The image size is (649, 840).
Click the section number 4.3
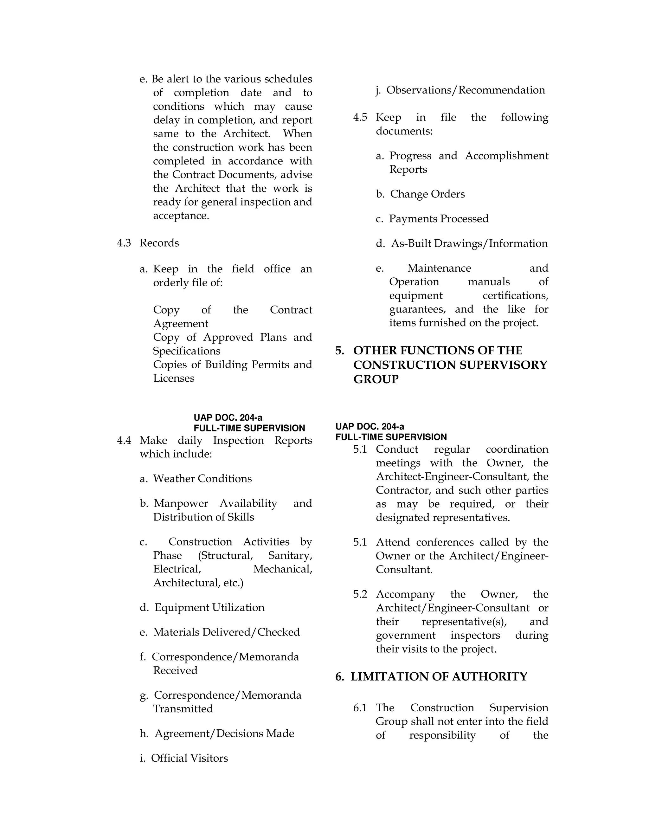124,243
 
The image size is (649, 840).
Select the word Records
159,243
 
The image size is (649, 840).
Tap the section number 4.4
124,440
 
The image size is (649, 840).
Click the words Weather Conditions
202,479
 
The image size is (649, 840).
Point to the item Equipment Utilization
209,608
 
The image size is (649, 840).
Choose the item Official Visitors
189,758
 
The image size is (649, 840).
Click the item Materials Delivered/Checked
227,632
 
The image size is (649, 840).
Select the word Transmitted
183,709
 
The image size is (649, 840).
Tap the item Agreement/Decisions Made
224,733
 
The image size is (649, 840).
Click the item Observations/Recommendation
465,90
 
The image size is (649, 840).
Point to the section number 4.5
360,118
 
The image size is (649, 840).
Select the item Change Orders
427,194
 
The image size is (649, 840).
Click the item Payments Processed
439,219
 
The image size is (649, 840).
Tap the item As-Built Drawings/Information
469,243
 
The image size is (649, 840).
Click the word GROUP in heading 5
376,380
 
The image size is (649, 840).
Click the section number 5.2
360,594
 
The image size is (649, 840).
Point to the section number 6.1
360,708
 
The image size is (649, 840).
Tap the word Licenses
174,378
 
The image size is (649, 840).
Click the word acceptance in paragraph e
181,216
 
